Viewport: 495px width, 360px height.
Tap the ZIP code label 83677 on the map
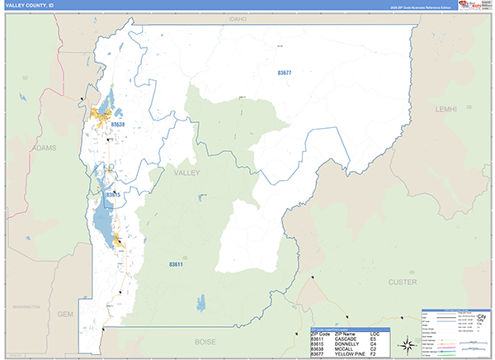coord(284,73)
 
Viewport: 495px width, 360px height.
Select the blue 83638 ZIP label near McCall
coord(117,125)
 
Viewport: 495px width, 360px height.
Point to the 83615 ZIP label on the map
coord(114,195)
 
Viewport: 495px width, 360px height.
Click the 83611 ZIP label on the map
coord(176,264)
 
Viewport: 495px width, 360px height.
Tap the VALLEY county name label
coord(187,173)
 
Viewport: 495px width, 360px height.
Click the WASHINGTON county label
coord(26,306)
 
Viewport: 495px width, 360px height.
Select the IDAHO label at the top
coord(238,18)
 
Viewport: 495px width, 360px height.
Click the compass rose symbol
coord(407,344)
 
